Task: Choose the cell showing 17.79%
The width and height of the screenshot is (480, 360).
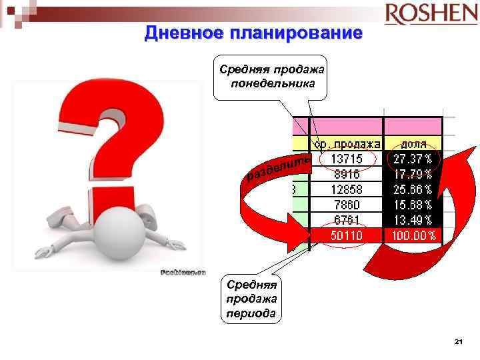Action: point(413,174)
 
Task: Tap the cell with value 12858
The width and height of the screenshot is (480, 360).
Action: point(347,189)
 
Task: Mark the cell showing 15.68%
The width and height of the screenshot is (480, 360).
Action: point(413,205)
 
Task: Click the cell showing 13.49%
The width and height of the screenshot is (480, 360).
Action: point(413,220)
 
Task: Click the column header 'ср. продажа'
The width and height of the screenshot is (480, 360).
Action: point(348,143)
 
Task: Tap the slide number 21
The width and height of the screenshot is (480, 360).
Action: point(458,342)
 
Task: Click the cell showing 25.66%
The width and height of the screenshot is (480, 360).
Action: point(413,189)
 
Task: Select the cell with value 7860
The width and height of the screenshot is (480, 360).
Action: point(347,205)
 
